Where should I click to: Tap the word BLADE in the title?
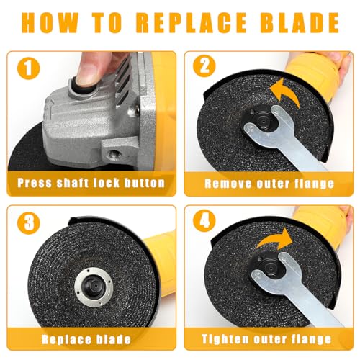(x=299, y=22)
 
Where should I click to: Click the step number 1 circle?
(x=28, y=68)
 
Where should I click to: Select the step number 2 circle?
(x=204, y=66)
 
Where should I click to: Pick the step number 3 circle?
(x=28, y=222)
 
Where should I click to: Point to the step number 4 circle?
(x=204, y=221)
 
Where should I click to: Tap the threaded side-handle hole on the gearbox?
(x=114, y=153)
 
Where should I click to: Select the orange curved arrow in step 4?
(x=275, y=239)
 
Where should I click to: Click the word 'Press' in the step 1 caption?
(x=35, y=183)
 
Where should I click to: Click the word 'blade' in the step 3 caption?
(x=114, y=339)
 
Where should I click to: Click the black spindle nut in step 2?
(x=264, y=121)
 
